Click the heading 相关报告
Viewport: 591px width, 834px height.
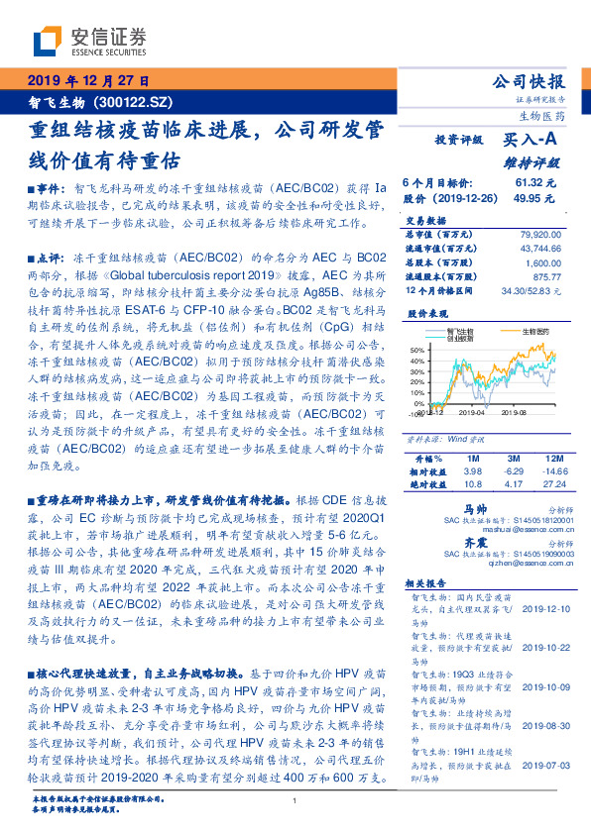(427, 587)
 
